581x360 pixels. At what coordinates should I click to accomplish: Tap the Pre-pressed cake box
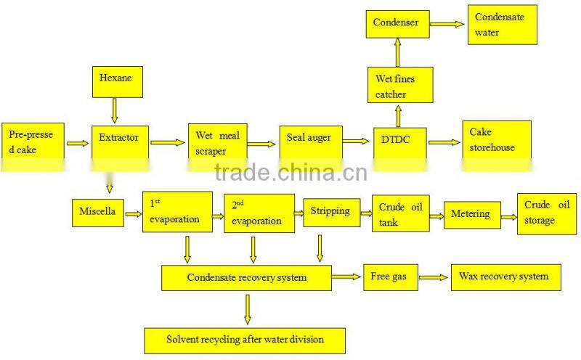pyautogui.click(x=33, y=143)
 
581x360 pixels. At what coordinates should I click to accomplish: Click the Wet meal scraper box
pyautogui.click(x=219, y=144)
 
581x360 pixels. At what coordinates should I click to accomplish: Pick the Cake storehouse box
pyautogui.click(x=496, y=141)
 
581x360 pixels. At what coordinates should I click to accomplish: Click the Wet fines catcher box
pyautogui.click(x=399, y=86)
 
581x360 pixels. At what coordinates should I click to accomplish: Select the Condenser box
pyautogui.click(x=396, y=24)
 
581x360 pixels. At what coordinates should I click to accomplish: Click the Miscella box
pyautogui.click(x=97, y=212)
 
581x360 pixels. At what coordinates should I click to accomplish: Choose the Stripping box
pyautogui.click(x=330, y=212)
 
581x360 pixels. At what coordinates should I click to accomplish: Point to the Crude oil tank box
pyautogui.click(x=397, y=214)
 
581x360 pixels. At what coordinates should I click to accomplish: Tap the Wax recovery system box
pyautogui.click(x=505, y=277)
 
